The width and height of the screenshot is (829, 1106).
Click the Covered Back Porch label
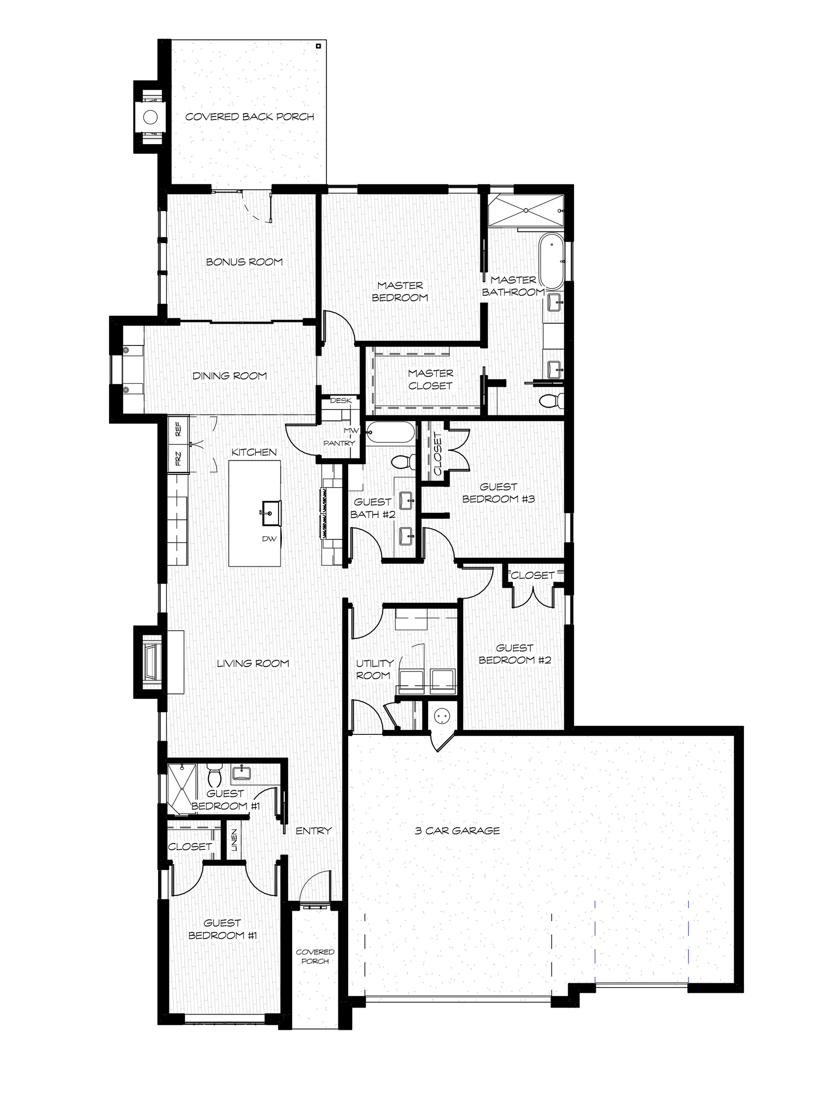pos(249,116)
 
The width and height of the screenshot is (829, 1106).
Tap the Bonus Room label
pos(245,262)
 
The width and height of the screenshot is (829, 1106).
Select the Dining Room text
pos(230,376)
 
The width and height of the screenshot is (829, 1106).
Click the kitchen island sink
pos(268,513)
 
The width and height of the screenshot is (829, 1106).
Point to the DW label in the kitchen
pos(269,539)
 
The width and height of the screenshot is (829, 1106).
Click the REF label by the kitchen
pos(178,429)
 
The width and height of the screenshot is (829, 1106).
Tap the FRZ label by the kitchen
pos(178,458)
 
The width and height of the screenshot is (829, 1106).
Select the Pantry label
pos(339,443)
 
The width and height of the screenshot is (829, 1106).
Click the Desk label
pos(341,401)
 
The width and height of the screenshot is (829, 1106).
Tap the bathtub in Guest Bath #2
pos(390,434)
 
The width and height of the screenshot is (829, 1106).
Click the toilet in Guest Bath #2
pos(402,462)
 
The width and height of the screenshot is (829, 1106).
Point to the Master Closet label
pos(430,379)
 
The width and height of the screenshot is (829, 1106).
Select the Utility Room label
pos(374,669)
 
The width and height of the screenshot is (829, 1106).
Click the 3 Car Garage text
pos(457,831)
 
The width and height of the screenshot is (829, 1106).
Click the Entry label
pos(313,831)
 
